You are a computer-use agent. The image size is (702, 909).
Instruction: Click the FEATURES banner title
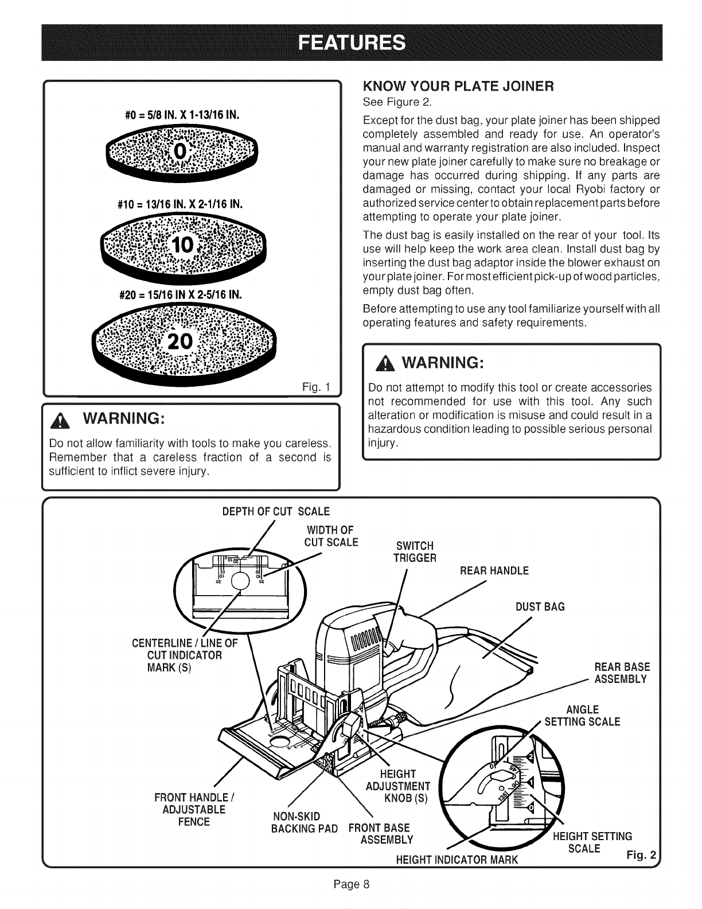[x=350, y=43]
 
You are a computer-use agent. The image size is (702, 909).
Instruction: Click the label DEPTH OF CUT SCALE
[x=276, y=511]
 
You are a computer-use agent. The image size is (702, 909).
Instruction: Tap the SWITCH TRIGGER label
[x=415, y=551]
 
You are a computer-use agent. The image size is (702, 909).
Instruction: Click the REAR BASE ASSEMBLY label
[x=622, y=673]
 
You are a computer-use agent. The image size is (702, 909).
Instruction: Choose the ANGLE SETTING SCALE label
[x=582, y=716]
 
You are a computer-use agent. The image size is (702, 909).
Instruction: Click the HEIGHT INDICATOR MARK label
[x=457, y=860]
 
